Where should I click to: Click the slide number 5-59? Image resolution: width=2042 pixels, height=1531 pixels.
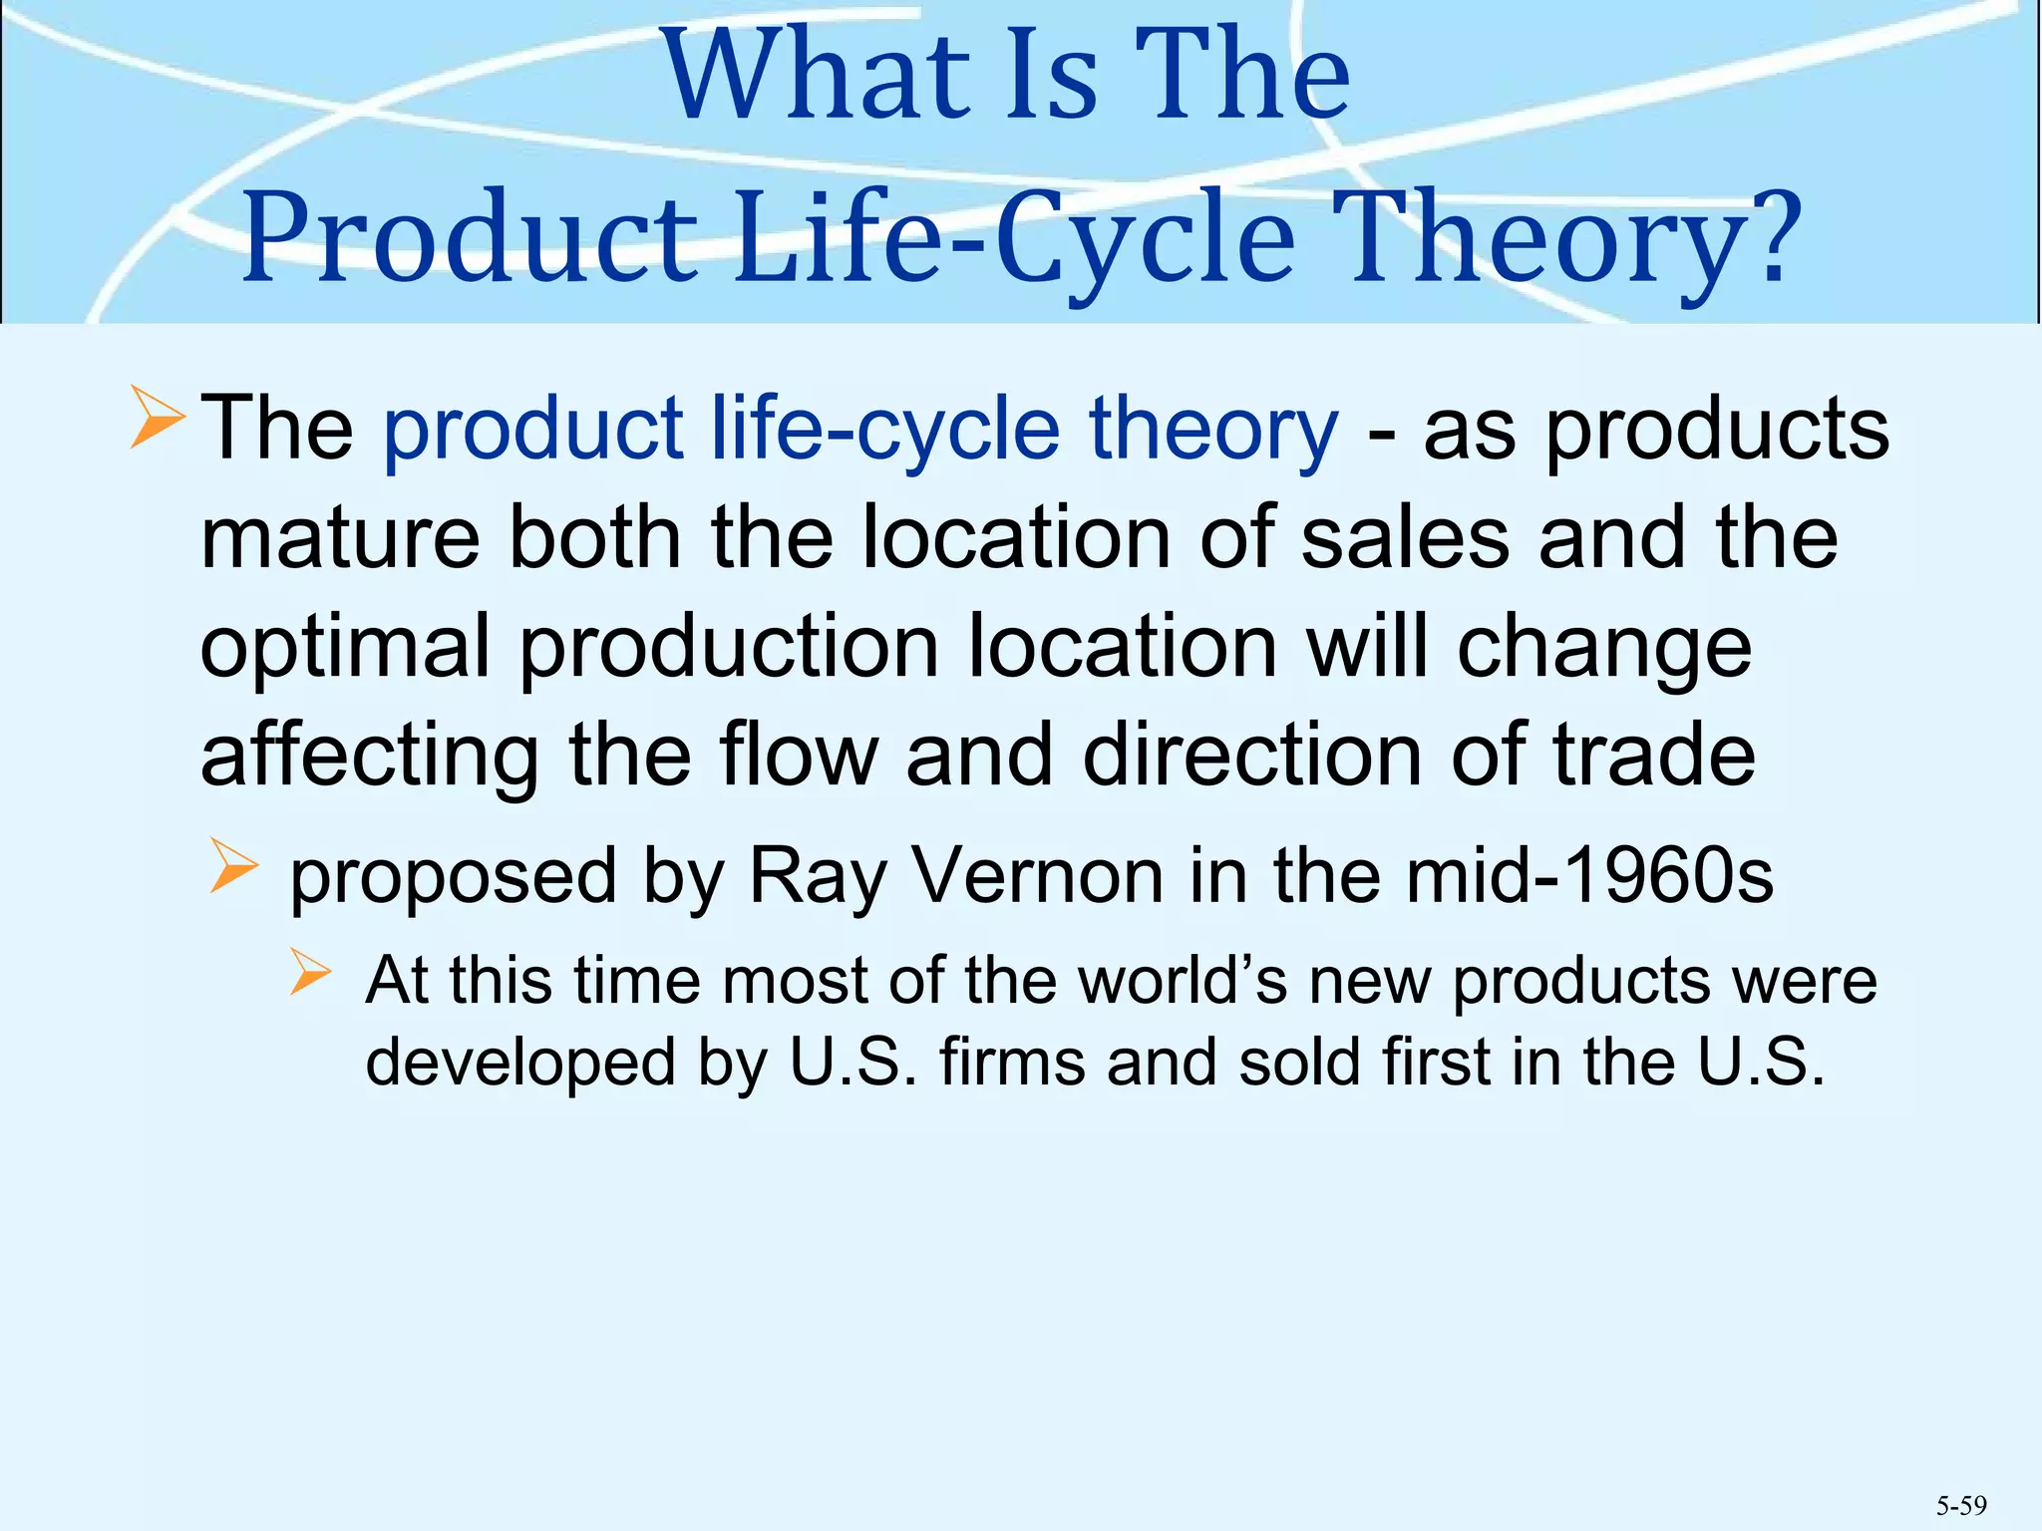1961,1505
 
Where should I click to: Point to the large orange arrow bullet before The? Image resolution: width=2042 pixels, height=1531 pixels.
157,419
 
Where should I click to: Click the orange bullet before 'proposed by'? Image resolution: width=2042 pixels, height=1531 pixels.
234,865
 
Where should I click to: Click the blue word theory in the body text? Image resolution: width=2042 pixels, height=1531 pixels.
1213,429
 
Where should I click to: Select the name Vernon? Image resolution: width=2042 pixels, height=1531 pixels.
1037,876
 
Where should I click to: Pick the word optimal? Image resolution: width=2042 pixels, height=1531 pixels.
345,648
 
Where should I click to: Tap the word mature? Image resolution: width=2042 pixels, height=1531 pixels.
340,538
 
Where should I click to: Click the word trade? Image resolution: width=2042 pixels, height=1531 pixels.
1654,756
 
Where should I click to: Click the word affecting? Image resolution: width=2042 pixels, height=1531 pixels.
369,756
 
